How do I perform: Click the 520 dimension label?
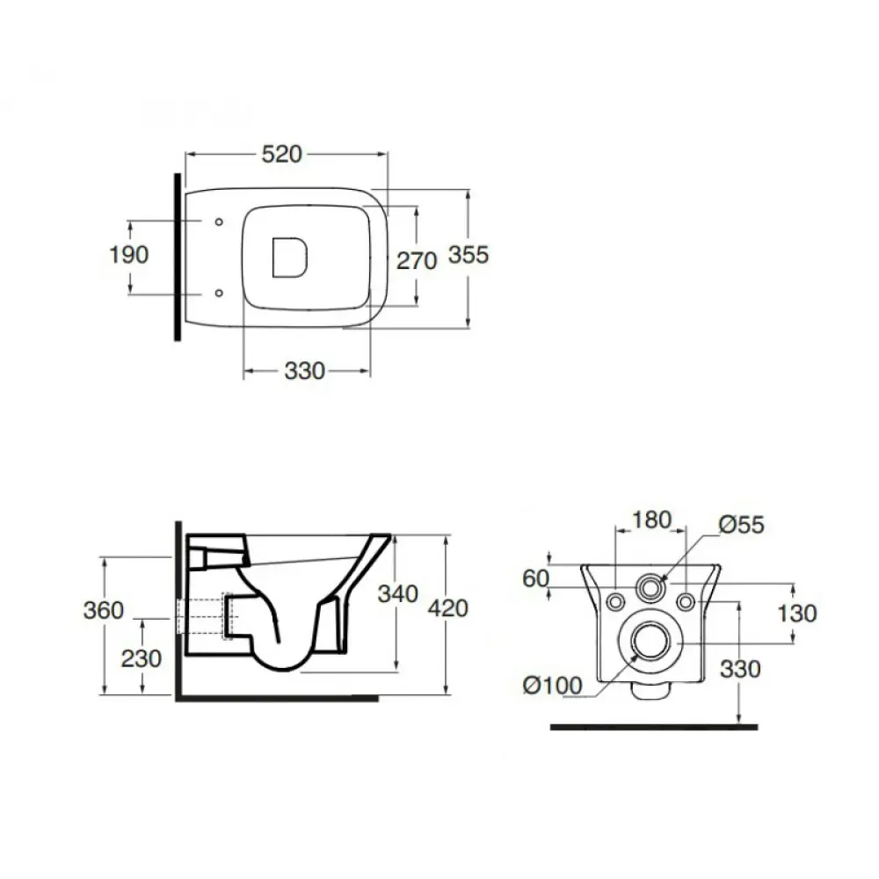[x=282, y=154]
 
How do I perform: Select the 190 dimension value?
[x=129, y=255]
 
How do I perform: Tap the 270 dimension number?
[x=417, y=261]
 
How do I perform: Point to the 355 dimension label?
[x=469, y=255]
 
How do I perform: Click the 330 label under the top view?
[x=304, y=371]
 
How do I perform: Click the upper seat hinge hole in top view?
[x=219, y=222]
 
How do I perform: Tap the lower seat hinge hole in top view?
[x=219, y=294]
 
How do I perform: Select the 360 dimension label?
[x=104, y=610]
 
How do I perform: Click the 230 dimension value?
[x=142, y=658]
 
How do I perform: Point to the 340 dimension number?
[x=398, y=594]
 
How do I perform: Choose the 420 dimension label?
[x=448, y=608]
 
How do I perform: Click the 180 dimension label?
[x=651, y=520]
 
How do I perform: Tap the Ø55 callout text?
[x=742, y=525]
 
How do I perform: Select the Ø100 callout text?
[x=553, y=685]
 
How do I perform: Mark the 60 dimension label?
[x=535, y=578]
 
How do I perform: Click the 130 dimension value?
[x=796, y=614]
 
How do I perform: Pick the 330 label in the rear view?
[x=740, y=669]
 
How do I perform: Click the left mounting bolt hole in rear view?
[x=616, y=602]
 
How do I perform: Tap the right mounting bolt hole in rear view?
[x=686, y=602]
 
